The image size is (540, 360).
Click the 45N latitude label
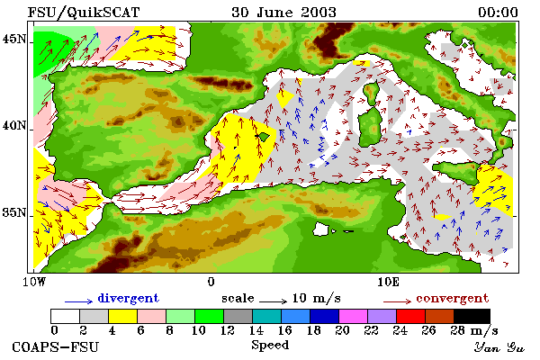tap(14, 40)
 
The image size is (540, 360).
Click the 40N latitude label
tap(14, 125)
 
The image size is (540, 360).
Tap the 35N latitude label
tap(14, 212)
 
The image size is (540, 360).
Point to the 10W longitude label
tap(34, 282)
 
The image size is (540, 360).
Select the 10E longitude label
tap(389, 282)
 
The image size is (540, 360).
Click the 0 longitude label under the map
tap(211, 282)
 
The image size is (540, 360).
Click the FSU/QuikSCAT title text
tap(84, 13)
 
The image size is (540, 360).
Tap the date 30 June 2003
tap(283, 13)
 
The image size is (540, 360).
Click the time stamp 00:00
tap(498, 13)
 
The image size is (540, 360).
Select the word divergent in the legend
tap(129, 298)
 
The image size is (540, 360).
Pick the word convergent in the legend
tap(452, 298)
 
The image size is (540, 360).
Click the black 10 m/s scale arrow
tap(273, 301)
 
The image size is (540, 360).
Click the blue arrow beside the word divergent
tap(79, 301)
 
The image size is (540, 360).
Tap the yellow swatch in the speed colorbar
tap(123, 316)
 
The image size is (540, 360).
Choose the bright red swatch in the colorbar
tap(410, 316)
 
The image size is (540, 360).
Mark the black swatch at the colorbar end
tap(472, 316)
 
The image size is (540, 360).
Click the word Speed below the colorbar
tap(270, 345)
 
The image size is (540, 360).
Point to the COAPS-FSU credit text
tap(56, 346)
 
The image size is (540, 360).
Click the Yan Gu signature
tap(499, 347)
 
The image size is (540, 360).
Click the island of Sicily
tap(456, 171)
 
